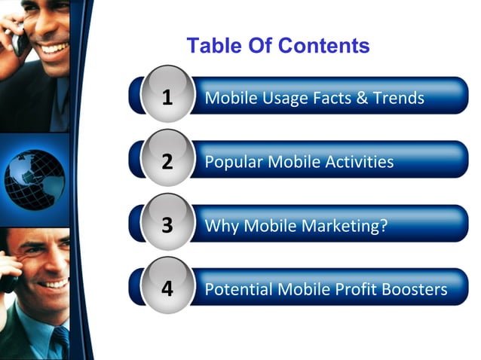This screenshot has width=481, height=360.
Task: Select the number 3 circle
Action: tap(167, 225)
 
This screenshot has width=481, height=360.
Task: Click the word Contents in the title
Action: tap(323, 46)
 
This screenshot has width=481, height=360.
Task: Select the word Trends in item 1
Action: tap(399, 99)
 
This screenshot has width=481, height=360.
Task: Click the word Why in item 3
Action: tap(220, 226)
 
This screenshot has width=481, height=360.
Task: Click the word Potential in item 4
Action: tap(239, 289)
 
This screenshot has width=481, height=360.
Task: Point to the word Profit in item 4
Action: tap(354, 289)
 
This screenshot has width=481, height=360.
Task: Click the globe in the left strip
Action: tap(34, 179)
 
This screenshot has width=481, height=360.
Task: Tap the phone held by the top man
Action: tap(17, 38)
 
